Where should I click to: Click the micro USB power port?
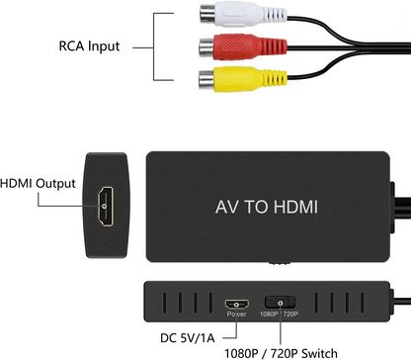[235, 302]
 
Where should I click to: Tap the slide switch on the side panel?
[282, 302]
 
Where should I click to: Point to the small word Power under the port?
[235, 314]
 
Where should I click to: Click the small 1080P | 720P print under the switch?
[282, 314]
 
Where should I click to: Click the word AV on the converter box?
[225, 208]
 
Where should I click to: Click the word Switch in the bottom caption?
[317, 352]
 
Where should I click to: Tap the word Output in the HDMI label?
[58, 183]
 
